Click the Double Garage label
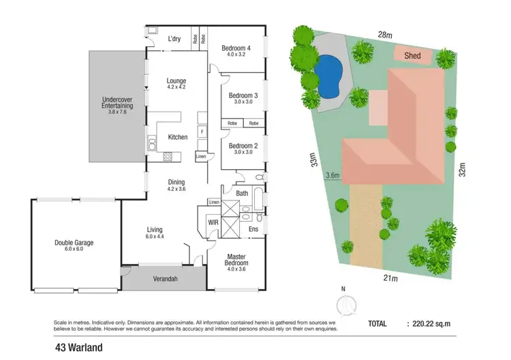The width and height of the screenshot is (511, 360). (74, 242)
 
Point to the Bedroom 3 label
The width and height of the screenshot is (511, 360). (243, 95)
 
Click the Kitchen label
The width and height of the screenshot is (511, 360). (178, 137)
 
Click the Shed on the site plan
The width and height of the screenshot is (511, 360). (412, 56)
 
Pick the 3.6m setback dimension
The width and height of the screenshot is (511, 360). (333, 175)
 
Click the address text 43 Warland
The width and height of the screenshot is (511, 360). (79, 348)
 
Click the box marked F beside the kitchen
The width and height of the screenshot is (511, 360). (202, 130)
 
